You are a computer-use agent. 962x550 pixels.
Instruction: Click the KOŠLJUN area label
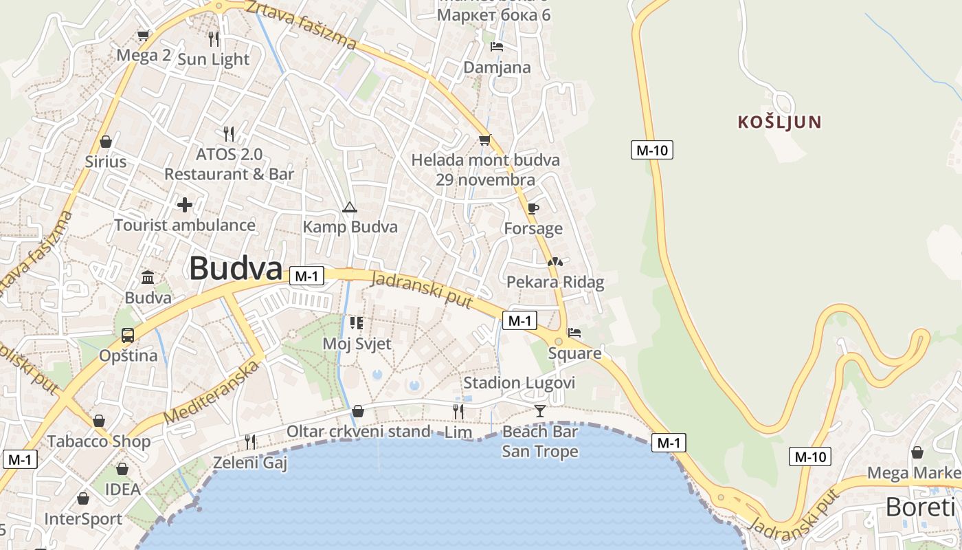tap(779, 122)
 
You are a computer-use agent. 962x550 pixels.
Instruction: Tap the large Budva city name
tap(236, 268)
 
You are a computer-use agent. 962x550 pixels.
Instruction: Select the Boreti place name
tap(920, 507)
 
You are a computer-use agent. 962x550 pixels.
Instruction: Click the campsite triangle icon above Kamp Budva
tap(350, 207)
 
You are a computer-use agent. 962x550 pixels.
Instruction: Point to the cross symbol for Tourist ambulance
tap(184, 204)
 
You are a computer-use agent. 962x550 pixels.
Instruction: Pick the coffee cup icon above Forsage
tap(533, 208)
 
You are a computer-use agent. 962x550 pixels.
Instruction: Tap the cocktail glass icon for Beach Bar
tap(540, 411)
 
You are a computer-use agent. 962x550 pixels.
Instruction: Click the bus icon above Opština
tap(128, 335)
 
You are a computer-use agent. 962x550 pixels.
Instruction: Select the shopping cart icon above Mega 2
tap(144, 35)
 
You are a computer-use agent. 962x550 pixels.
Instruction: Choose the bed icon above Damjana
tap(497, 47)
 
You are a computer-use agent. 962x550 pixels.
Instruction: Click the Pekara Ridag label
tap(555, 282)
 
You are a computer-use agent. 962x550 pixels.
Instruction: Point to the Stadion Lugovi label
tap(519, 383)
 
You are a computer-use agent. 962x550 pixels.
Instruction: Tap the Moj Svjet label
tap(357, 344)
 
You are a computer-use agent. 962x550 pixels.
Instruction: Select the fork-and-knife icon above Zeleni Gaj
tap(250, 441)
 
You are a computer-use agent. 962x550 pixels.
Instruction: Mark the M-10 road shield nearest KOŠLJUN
tap(651, 150)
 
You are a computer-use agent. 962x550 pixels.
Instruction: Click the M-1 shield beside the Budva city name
tap(306, 276)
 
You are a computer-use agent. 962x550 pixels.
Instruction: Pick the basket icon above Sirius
tap(106, 142)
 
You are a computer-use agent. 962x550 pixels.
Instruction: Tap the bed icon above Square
tap(574, 333)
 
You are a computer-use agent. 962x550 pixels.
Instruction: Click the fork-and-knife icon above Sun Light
tap(214, 38)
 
